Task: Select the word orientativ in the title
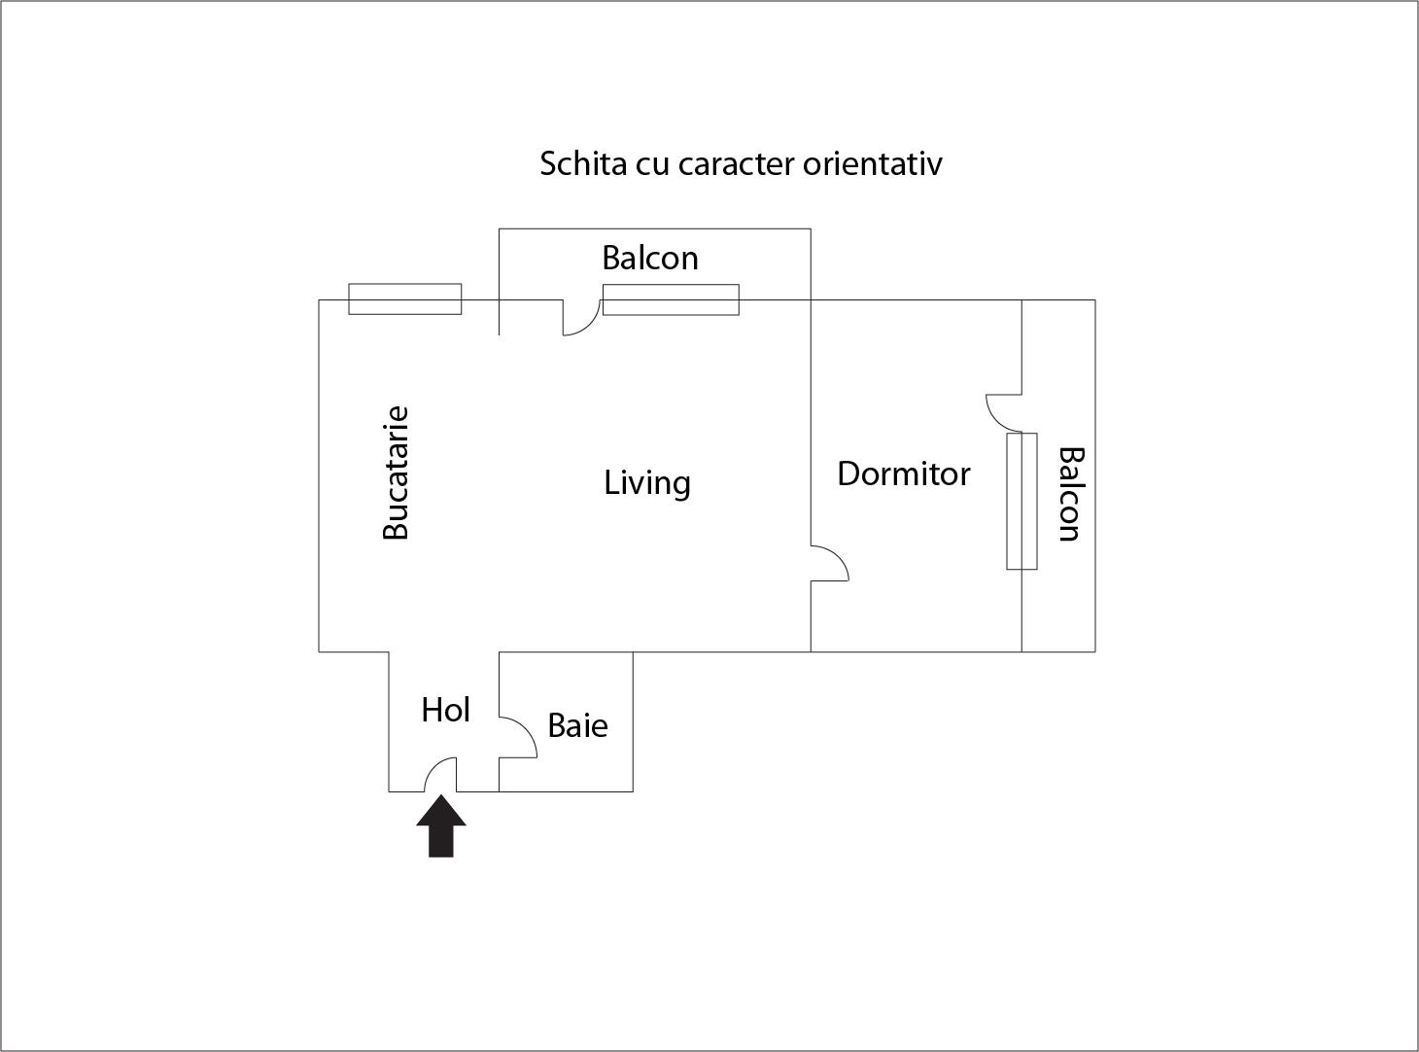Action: pyautogui.click(x=872, y=163)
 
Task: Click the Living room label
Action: pyautogui.click(x=647, y=482)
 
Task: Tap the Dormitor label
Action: pyautogui.click(x=903, y=473)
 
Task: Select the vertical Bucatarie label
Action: pyautogui.click(x=396, y=473)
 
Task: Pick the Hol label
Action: pyautogui.click(x=445, y=710)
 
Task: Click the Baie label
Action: pyautogui.click(x=577, y=725)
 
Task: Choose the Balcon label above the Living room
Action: pyautogui.click(x=649, y=258)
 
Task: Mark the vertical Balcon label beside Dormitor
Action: pyautogui.click(x=1069, y=494)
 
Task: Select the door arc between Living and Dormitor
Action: pyautogui.click(x=830, y=563)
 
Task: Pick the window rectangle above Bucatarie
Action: pyautogui.click(x=404, y=299)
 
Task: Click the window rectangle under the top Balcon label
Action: pyautogui.click(x=671, y=299)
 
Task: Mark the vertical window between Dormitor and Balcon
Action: pyautogui.click(x=1021, y=501)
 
